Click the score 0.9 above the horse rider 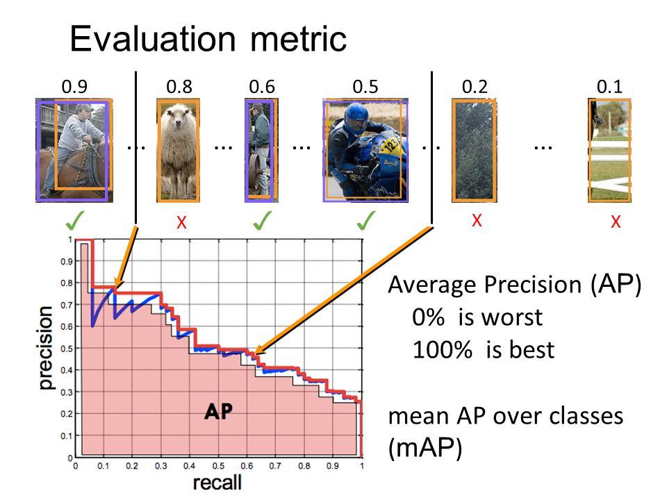click(x=74, y=87)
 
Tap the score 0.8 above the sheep click(x=179, y=87)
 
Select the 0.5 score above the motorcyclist click(x=365, y=87)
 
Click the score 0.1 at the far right click(x=609, y=87)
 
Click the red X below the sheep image click(x=180, y=222)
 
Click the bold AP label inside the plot click(x=218, y=411)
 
